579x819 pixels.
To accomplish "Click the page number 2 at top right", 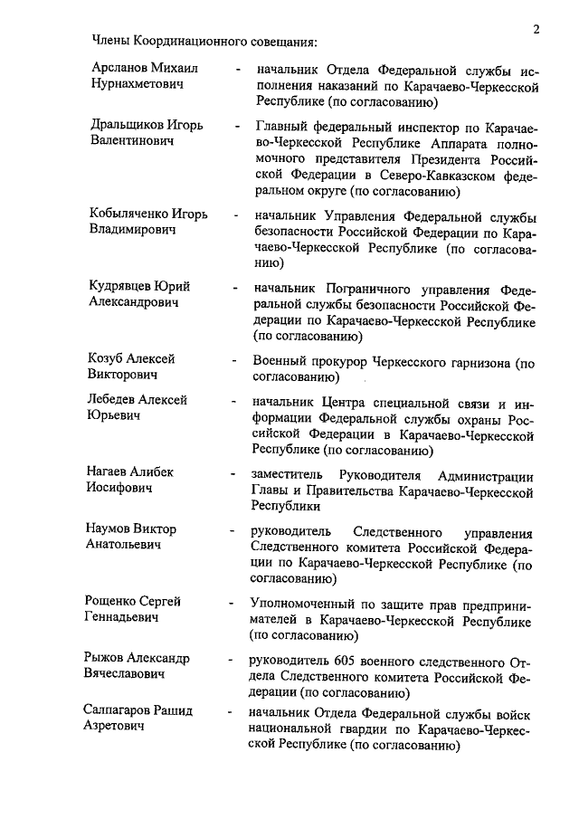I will point(536,29).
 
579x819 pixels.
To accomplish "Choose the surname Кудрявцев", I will point(125,288).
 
